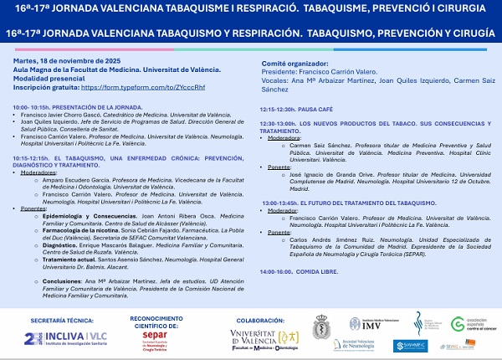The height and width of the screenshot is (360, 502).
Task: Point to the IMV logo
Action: click(x=357, y=325)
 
